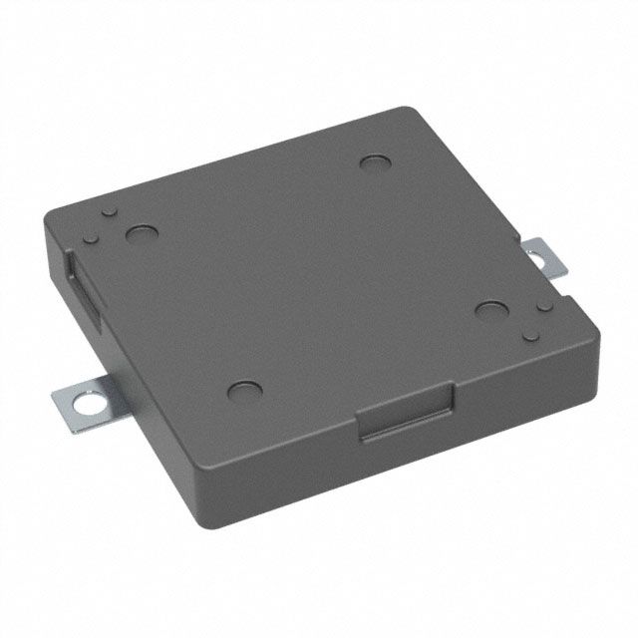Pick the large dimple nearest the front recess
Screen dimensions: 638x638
click(x=243, y=391)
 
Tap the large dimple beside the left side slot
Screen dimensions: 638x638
click(x=141, y=235)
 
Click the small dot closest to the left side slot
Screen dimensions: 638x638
click(x=91, y=236)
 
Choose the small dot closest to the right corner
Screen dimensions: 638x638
click(x=530, y=332)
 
